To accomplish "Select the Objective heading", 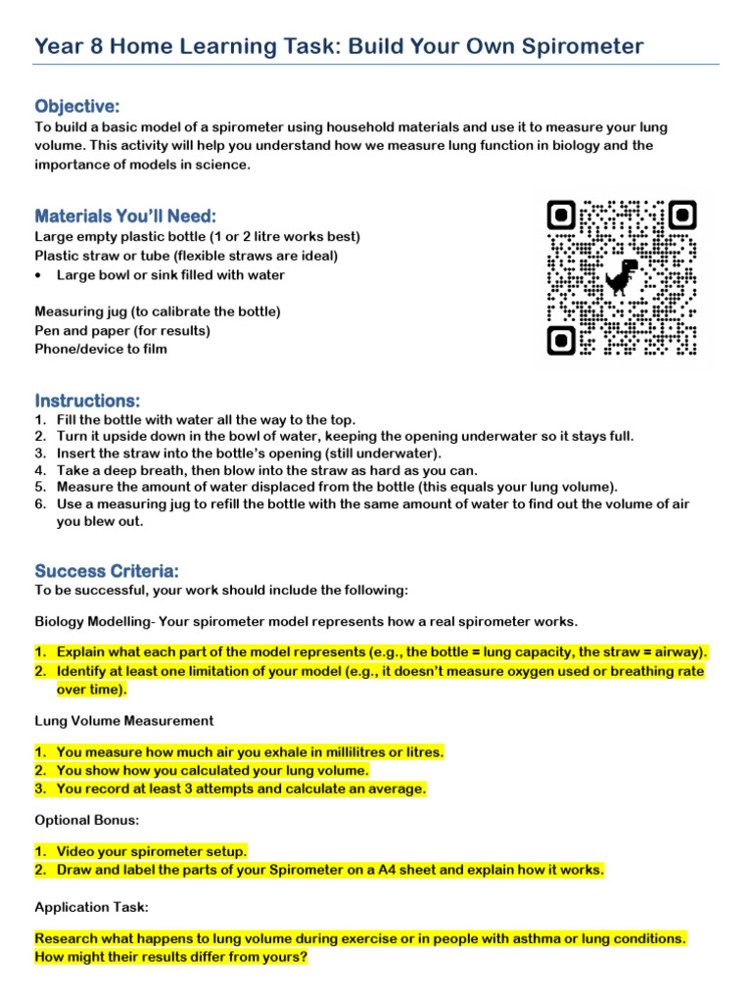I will (77, 106).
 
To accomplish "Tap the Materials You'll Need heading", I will (125, 215).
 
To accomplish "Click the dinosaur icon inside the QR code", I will (621, 277).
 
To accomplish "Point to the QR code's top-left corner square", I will (561, 215).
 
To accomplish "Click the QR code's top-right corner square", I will (682, 215).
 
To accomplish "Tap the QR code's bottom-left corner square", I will (561, 340).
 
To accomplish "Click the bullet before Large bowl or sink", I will (38, 275).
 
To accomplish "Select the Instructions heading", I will (87, 401).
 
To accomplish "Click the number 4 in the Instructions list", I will (39, 469).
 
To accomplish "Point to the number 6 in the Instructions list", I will (39, 503).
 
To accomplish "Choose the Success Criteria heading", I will (107, 570).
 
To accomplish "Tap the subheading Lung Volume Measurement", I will (123, 720).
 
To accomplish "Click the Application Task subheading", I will (91, 907).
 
